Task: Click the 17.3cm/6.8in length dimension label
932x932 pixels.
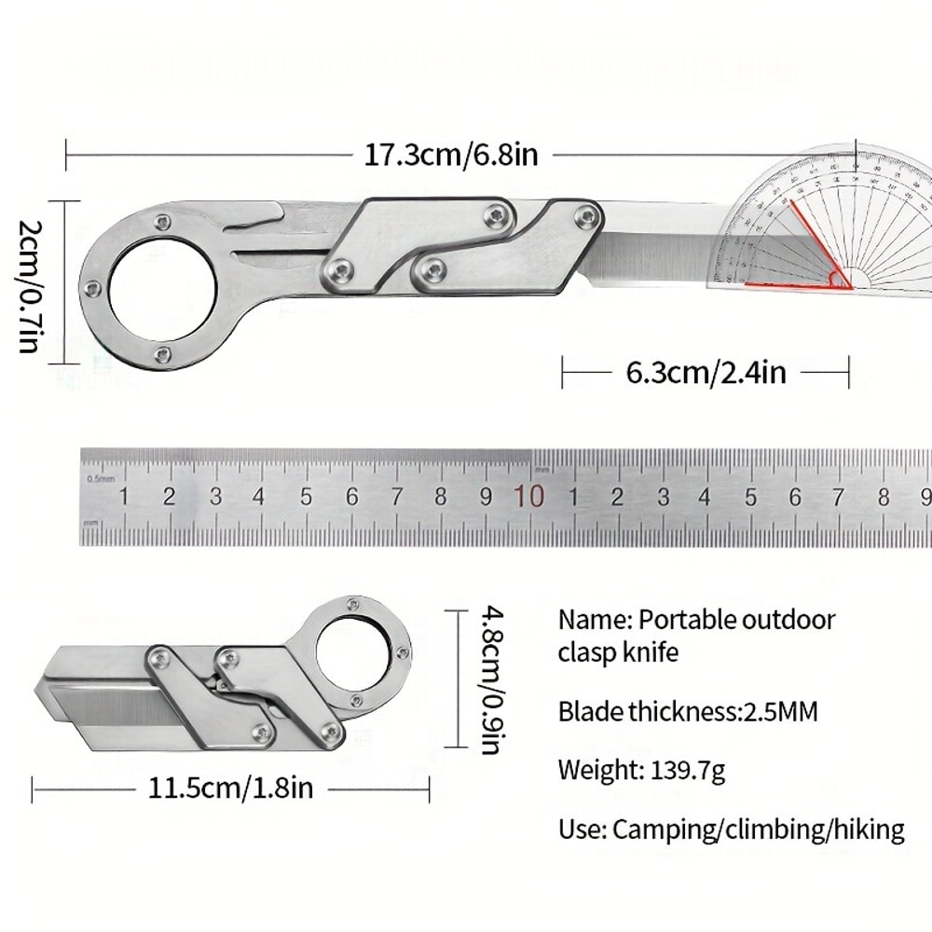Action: click(450, 154)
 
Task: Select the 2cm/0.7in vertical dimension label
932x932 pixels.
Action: click(28, 285)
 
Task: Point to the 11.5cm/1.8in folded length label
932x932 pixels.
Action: click(231, 789)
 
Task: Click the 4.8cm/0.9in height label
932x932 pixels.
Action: click(494, 678)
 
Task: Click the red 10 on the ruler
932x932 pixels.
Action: click(528, 496)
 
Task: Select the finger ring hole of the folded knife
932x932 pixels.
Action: click(353, 652)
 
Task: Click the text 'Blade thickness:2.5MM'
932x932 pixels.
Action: click(688, 712)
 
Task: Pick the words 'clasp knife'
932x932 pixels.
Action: click(618, 652)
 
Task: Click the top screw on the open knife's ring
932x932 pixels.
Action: click(163, 222)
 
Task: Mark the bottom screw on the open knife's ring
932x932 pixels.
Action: click(163, 354)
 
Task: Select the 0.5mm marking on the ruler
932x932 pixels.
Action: click(100, 478)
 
